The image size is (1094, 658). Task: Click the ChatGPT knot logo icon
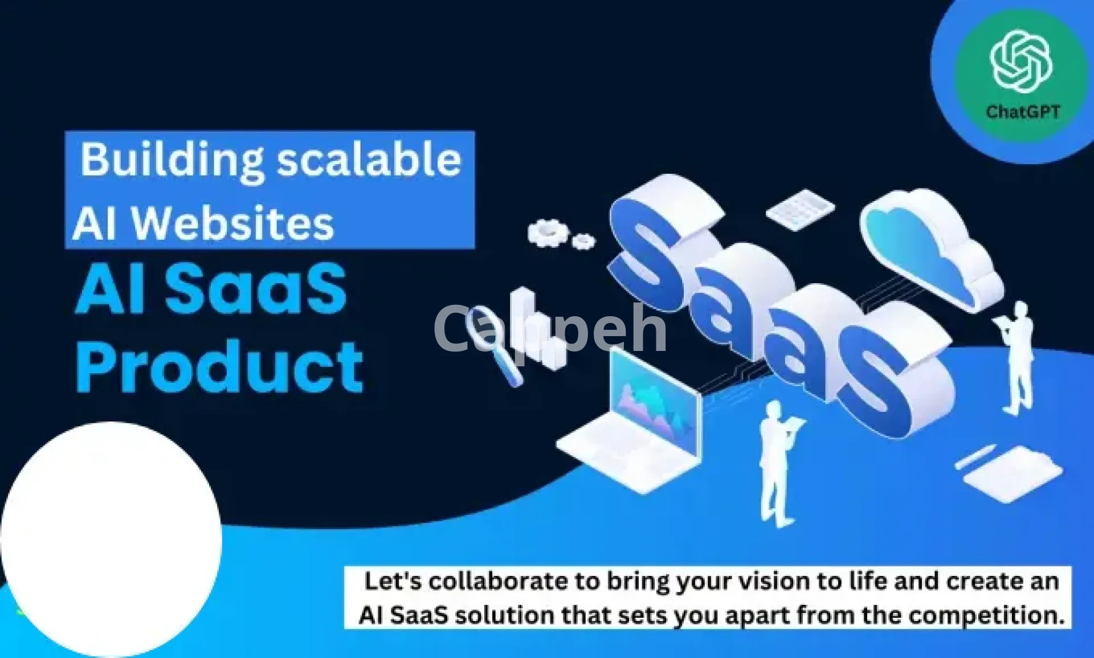pos(1021,62)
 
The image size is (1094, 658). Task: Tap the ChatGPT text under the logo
pos(1023,112)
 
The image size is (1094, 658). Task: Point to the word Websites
pos(232,223)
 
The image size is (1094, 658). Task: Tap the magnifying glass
pos(493,345)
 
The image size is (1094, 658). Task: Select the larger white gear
pos(548,232)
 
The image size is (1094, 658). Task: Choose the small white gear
pos(583,241)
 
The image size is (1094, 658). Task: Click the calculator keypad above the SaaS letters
pos(800,209)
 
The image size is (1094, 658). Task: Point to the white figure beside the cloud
pos(1016,359)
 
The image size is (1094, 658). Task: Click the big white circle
pos(111,538)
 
